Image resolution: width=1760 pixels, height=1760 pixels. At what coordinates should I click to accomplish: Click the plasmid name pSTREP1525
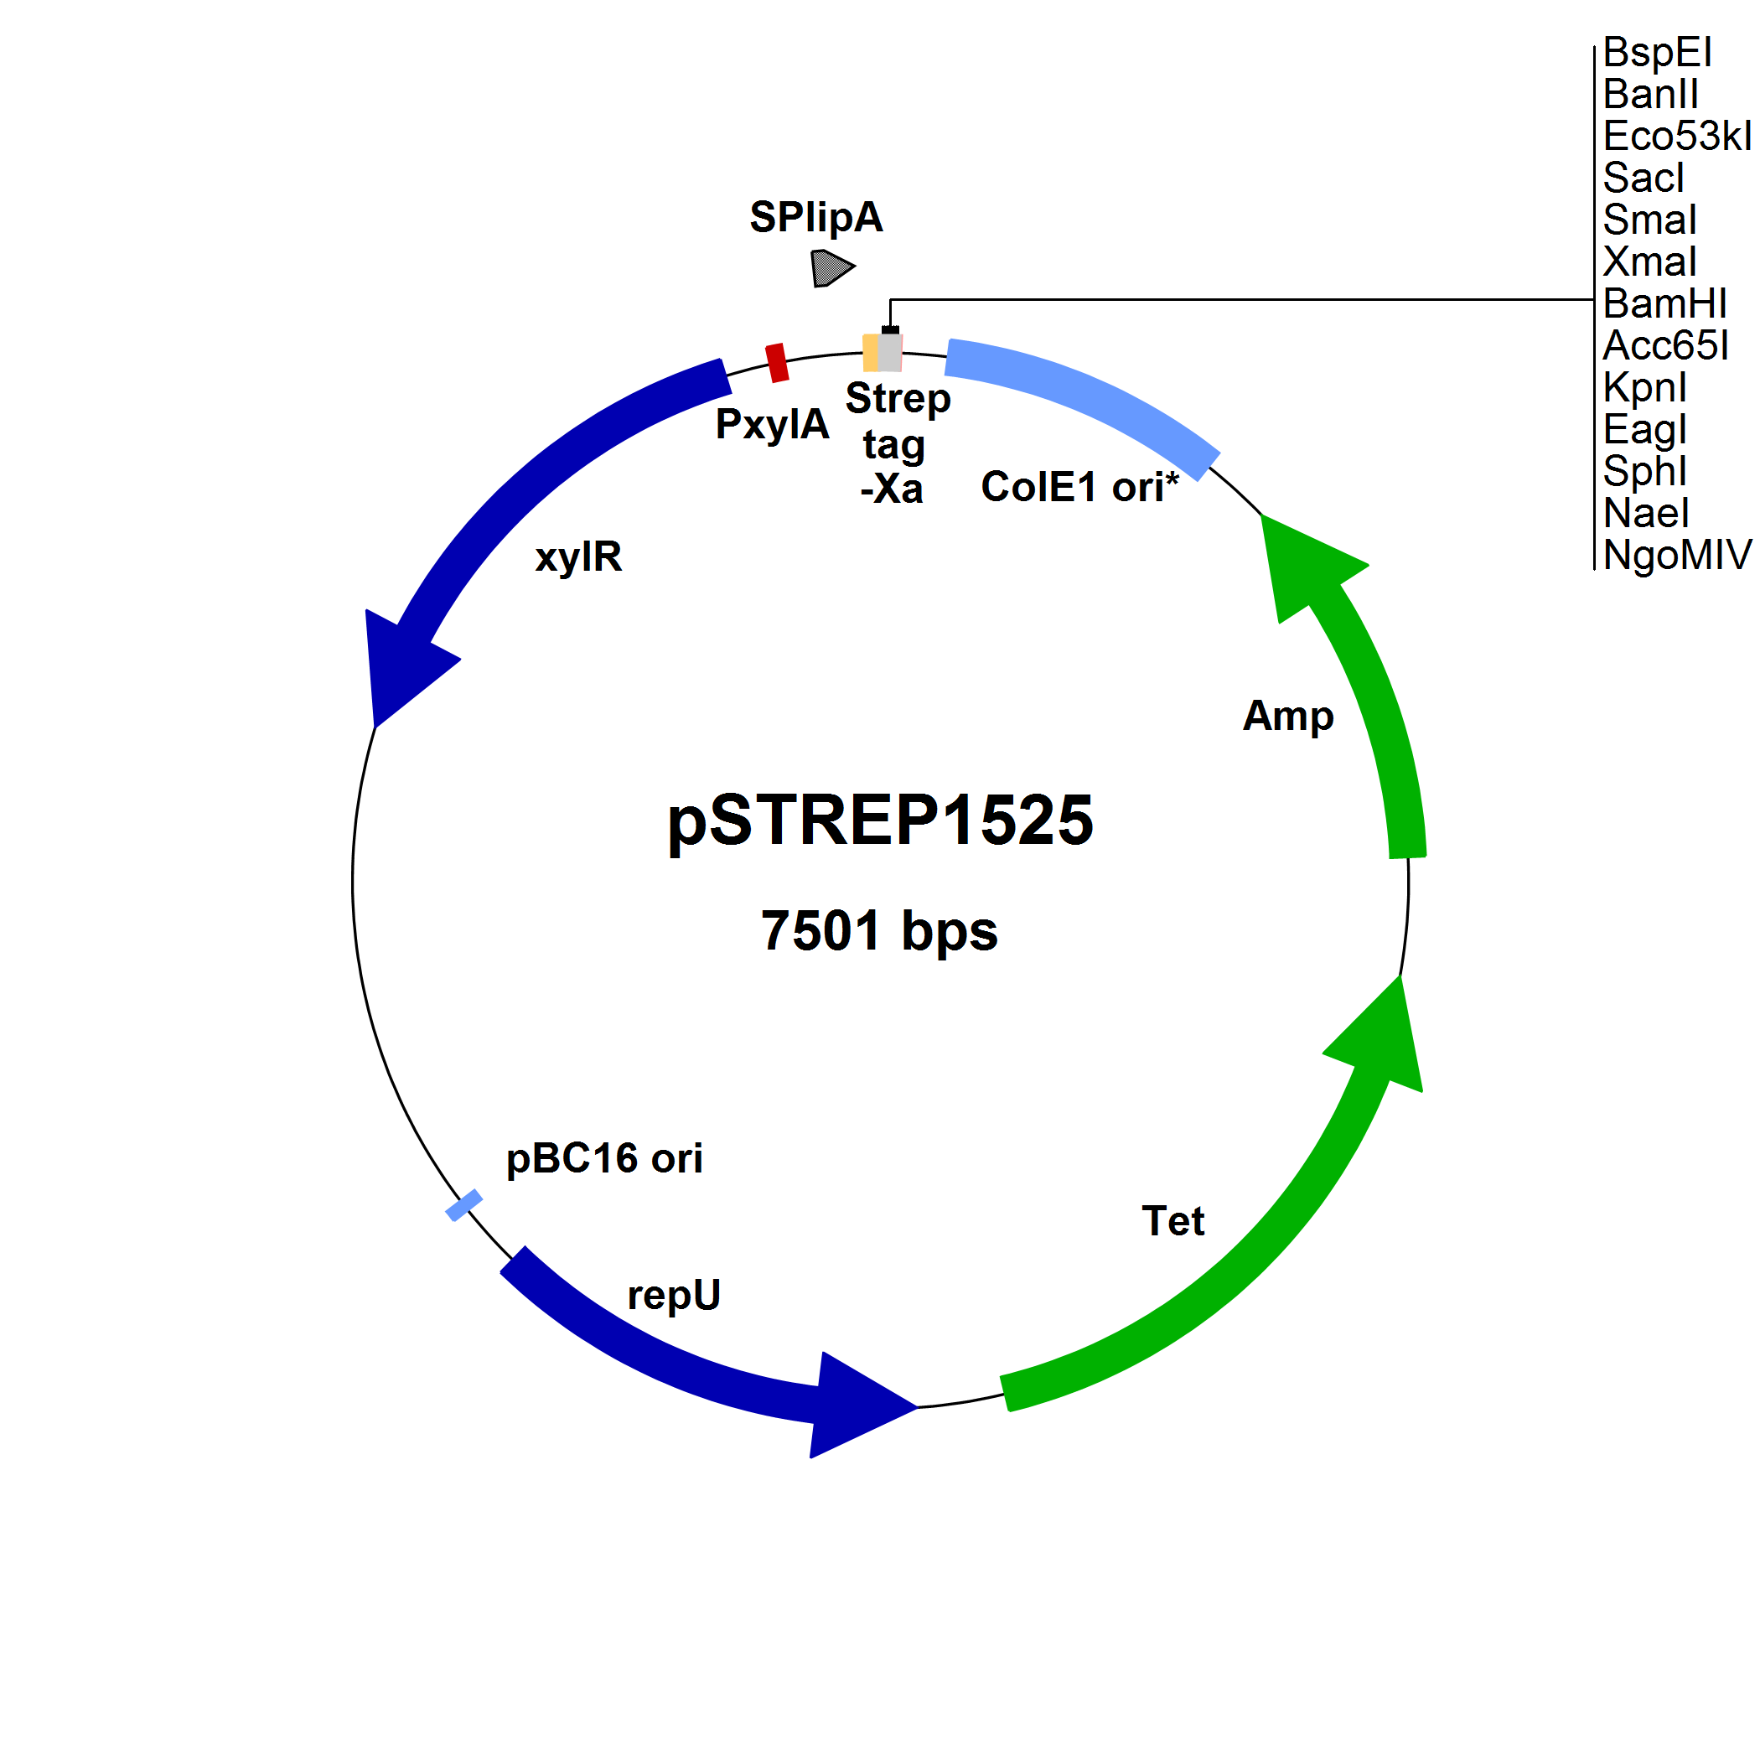click(x=880, y=820)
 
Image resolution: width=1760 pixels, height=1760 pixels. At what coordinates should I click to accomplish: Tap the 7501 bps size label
click(x=879, y=931)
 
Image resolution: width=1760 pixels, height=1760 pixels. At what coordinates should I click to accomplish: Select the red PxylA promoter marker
click(x=776, y=363)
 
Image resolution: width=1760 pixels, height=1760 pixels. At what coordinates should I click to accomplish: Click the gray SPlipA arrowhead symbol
click(x=830, y=268)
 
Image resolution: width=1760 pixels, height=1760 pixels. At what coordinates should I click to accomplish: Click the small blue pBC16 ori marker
click(x=463, y=1205)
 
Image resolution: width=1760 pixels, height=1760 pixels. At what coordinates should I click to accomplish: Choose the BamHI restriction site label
click(x=1664, y=303)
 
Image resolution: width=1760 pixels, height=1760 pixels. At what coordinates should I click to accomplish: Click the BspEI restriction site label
click(x=1657, y=52)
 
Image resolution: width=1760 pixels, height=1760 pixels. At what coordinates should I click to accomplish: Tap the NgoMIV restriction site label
click(x=1677, y=555)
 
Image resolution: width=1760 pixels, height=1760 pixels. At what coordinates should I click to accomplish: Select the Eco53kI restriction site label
click(x=1677, y=136)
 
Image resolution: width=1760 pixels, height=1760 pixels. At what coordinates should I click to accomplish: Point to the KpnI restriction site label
click(x=1644, y=387)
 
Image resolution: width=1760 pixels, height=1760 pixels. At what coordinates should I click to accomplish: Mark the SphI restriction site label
click(x=1644, y=471)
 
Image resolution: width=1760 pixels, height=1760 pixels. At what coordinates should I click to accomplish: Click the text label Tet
click(x=1172, y=1222)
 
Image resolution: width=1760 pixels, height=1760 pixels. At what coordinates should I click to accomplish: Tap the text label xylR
click(x=578, y=556)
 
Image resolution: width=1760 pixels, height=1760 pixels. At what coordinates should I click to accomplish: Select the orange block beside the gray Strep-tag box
click(x=870, y=353)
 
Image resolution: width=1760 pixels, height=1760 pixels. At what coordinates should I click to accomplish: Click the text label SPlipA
click(x=816, y=217)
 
